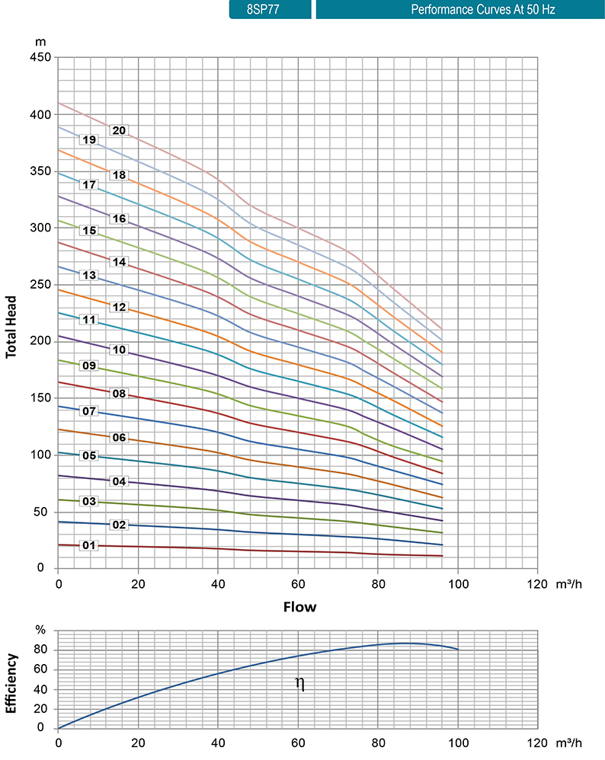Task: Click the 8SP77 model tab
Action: tap(270, 10)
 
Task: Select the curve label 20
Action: tap(118, 130)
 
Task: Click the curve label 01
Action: tap(89, 545)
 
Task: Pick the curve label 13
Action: tap(89, 275)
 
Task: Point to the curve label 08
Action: tap(118, 394)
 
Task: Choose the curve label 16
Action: tap(118, 219)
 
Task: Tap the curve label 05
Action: tap(89, 456)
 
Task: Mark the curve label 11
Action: tap(89, 320)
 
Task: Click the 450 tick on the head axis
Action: tap(41, 58)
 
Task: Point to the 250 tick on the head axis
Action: tap(41, 285)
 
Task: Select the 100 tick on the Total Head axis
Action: tap(41, 455)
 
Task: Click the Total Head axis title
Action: tap(11, 326)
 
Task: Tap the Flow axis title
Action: tap(299, 607)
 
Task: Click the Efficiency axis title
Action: tap(11, 684)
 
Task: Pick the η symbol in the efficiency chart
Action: tap(299, 683)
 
